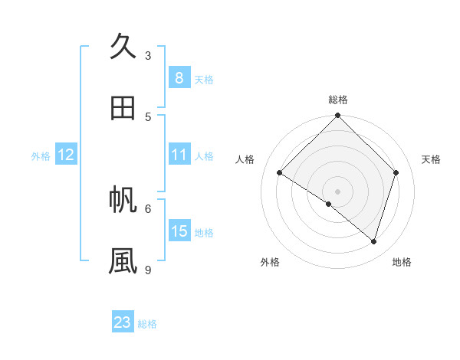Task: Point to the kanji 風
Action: coord(123,261)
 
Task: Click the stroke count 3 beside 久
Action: coord(148,55)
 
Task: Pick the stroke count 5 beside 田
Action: coord(148,116)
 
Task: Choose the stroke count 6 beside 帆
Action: coord(148,208)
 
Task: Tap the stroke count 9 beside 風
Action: coord(148,270)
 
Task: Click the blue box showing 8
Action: coord(179,77)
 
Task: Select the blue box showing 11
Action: coord(179,155)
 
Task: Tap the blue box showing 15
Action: coord(179,231)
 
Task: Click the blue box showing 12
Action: coord(66,155)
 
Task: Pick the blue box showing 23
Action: coord(123,322)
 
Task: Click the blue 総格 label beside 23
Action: coord(147,324)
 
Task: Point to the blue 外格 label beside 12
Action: coord(41,156)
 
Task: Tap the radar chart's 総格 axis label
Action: coord(338,100)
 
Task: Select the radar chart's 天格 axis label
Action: coord(432,159)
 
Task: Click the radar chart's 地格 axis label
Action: coord(402,262)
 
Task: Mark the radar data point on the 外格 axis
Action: coord(329,204)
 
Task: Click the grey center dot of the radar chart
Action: coord(338,191)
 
